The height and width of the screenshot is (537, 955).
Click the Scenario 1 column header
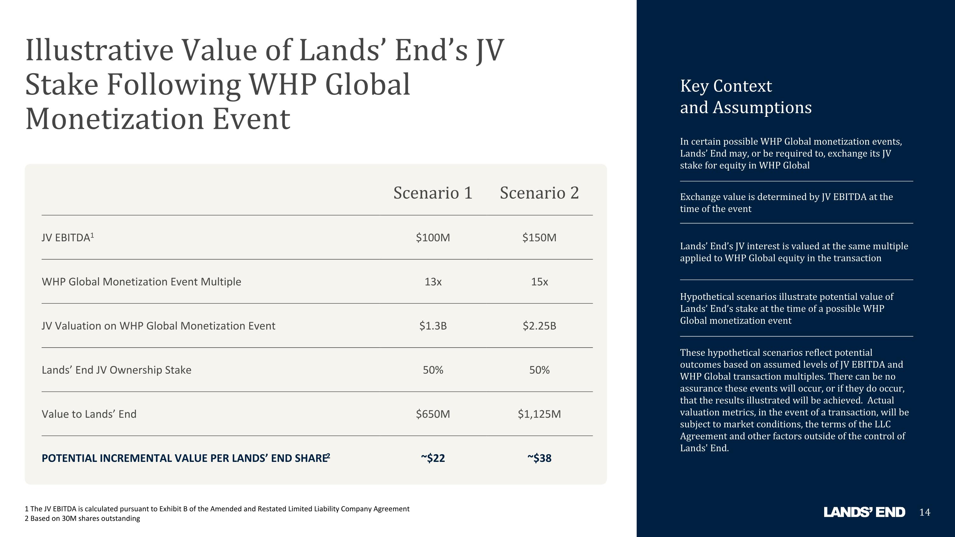click(433, 193)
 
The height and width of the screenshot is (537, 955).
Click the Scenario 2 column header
click(539, 193)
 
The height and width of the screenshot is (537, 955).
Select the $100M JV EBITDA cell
click(433, 237)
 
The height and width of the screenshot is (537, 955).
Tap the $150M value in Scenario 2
click(539, 237)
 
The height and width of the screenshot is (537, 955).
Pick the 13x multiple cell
click(433, 282)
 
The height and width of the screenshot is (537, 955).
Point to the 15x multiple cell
click(539, 282)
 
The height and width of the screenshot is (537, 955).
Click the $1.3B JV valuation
click(433, 326)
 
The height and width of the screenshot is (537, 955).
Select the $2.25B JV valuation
click(539, 326)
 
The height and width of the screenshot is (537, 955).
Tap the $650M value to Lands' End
click(433, 414)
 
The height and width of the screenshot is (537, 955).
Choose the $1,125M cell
click(539, 414)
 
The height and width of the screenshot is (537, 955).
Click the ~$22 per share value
click(433, 458)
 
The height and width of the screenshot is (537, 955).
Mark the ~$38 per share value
click(539, 458)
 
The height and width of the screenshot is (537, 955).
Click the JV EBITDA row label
click(68, 237)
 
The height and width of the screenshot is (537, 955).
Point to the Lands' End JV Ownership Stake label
click(117, 370)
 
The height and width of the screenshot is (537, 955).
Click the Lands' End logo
click(864, 512)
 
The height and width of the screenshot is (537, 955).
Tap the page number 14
click(925, 512)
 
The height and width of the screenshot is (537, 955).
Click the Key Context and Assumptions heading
click(746, 97)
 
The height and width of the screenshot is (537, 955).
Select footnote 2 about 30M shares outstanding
click(82, 519)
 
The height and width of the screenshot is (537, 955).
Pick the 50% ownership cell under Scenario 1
click(433, 370)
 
